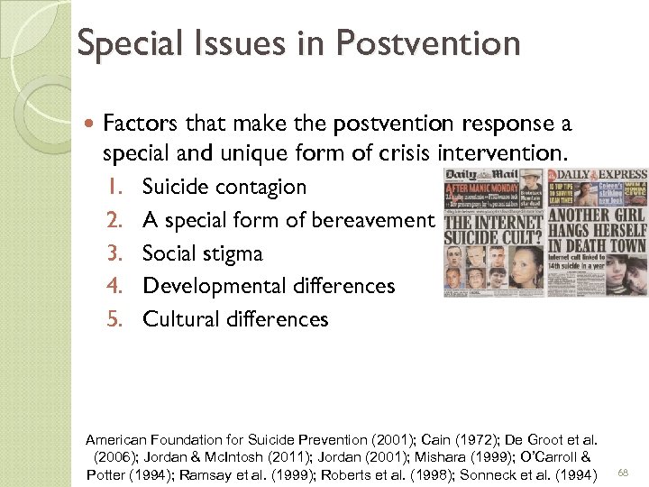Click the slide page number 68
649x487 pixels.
pyautogui.click(x=623, y=472)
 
